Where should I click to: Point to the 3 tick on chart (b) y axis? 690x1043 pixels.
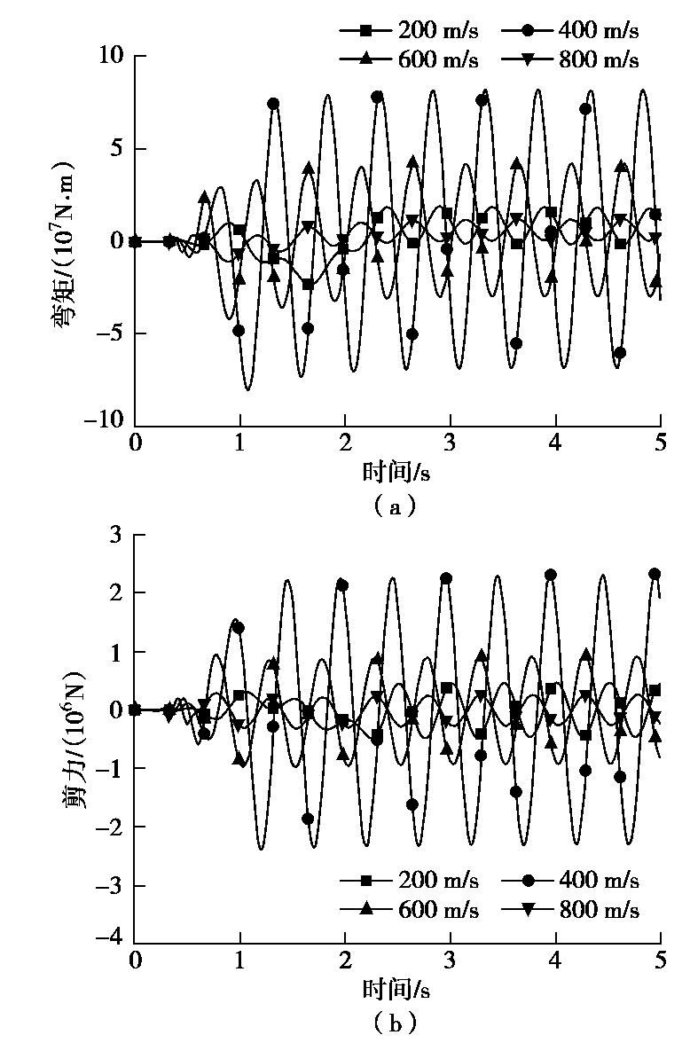116,535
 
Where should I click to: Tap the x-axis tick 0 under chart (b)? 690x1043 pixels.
135,961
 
